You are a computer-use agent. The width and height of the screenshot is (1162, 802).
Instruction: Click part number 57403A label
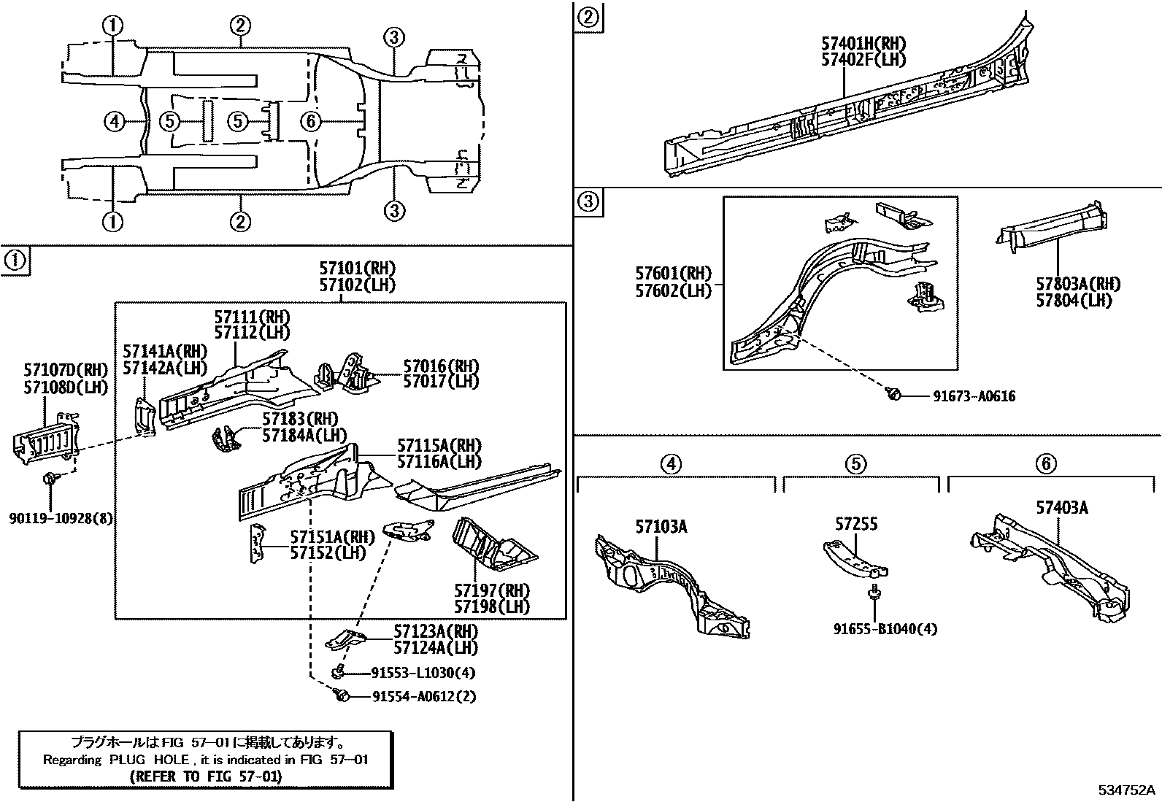click(x=1061, y=507)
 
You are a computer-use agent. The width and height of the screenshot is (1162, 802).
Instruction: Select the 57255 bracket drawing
click(x=855, y=558)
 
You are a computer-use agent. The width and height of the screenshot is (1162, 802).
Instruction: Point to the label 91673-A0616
click(x=974, y=396)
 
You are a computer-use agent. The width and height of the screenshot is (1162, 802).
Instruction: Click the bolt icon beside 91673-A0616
click(x=893, y=395)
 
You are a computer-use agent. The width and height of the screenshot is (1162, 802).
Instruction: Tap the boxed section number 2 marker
click(x=588, y=15)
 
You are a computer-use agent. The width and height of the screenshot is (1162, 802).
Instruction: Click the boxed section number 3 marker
click(x=588, y=201)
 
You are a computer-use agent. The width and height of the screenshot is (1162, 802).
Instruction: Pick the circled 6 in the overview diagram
click(x=311, y=121)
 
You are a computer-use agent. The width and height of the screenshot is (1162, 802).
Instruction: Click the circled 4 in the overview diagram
click(x=114, y=121)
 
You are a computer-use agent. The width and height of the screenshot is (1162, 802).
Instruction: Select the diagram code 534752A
click(x=1128, y=790)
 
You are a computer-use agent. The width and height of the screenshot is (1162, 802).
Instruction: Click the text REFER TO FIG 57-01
click(x=205, y=776)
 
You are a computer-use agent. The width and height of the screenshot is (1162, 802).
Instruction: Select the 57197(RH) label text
click(x=492, y=590)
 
